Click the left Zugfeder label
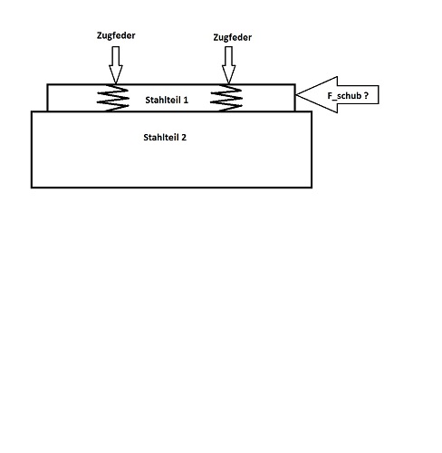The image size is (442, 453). (x=116, y=35)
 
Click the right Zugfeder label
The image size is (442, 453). (x=233, y=37)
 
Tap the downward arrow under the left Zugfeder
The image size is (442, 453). (x=116, y=64)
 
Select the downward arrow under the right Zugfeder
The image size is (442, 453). (x=228, y=64)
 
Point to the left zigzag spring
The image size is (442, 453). (x=113, y=98)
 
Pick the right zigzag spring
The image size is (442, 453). (x=226, y=98)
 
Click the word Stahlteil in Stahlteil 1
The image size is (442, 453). (x=163, y=100)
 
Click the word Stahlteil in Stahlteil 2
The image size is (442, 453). (x=161, y=138)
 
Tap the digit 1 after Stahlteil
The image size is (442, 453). (x=186, y=100)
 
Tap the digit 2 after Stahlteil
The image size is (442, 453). (x=184, y=138)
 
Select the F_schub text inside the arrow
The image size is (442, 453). (x=344, y=96)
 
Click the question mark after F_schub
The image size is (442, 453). (x=366, y=96)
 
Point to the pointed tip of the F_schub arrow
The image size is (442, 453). (x=296, y=94)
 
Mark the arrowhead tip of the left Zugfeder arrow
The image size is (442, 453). (x=116, y=83)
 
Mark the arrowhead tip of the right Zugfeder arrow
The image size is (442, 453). (x=228, y=83)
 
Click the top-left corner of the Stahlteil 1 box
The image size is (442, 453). (x=47, y=84)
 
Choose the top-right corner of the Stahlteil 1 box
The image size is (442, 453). (x=295, y=84)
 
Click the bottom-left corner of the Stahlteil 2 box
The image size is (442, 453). (x=32, y=188)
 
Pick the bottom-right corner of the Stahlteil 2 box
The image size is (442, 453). (x=312, y=188)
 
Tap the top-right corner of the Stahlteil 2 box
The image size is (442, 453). (x=312, y=111)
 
